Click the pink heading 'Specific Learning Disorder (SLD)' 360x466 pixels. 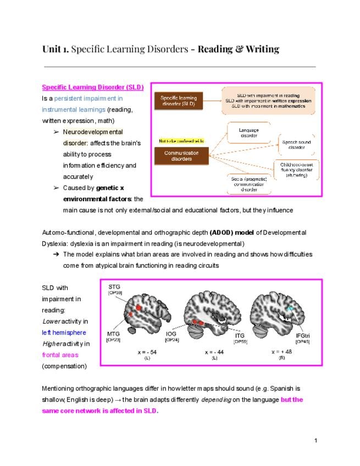93,87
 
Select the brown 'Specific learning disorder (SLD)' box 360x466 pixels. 181,101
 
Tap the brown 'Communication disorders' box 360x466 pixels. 181,156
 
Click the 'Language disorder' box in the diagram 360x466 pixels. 248,132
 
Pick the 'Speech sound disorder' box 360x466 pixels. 297,144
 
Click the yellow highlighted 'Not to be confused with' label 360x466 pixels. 181,141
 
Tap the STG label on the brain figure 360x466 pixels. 114,287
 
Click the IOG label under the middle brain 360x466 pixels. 171,333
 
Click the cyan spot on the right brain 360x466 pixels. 290,310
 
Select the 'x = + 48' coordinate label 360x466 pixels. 281,351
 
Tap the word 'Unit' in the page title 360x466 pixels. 51,49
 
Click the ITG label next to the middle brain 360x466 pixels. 240,335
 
